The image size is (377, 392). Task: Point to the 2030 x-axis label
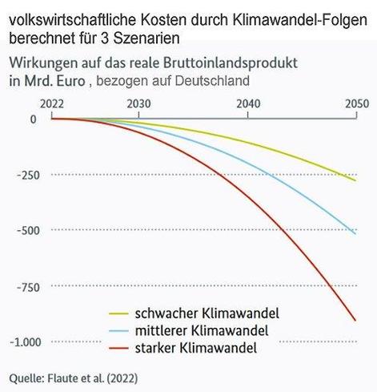point(138,103)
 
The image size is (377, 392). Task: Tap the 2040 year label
point(247,103)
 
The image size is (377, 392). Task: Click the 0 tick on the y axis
point(33,119)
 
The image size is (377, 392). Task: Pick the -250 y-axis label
point(26,175)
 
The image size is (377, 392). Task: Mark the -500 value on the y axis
point(26,230)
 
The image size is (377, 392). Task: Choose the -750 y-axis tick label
point(26,286)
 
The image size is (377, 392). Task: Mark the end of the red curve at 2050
point(356,321)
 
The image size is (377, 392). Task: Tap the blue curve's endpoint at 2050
point(356,233)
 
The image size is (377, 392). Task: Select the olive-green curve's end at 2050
point(356,180)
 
